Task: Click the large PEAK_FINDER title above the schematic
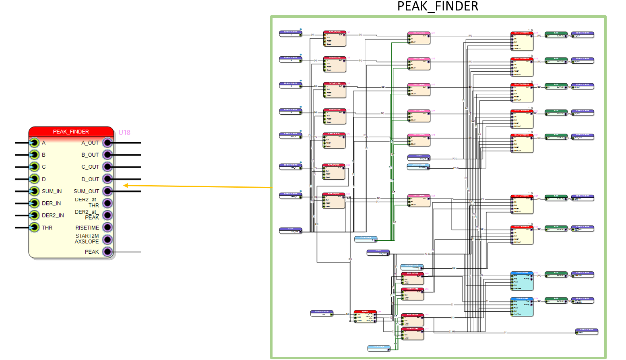pyautogui.click(x=438, y=6)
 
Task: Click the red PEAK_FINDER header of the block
pyautogui.click(x=71, y=132)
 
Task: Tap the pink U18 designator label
pyautogui.click(x=124, y=132)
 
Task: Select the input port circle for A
pyautogui.click(x=34, y=143)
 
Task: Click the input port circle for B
pyautogui.click(x=34, y=155)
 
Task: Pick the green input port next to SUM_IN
pyautogui.click(x=34, y=191)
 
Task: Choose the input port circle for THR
pyautogui.click(x=34, y=228)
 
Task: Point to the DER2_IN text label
pyautogui.click(x=53, y=215)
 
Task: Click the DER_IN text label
pyautogui.click(x=51, y=203)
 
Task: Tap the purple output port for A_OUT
pyautogui.click(x=107, y=143)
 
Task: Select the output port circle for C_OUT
pyautogui.click(x=107, y=167)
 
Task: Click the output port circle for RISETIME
pyautogui.click(x=107, y=228)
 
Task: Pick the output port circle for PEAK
pyautogui.click(x=107, y=252)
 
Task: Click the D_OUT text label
pyautogui.click(x=90, y=179)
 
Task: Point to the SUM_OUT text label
pyautogui.click(x=86, y=191)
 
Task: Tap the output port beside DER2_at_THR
pyautogui.click(x=107, y=203)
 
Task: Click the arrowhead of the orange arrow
pyautogui.click(x=126, y=186)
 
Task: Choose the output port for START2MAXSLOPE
pyautogui.click(x=107, y=240)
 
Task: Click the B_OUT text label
pyautogui.click(x=90, y=155)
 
